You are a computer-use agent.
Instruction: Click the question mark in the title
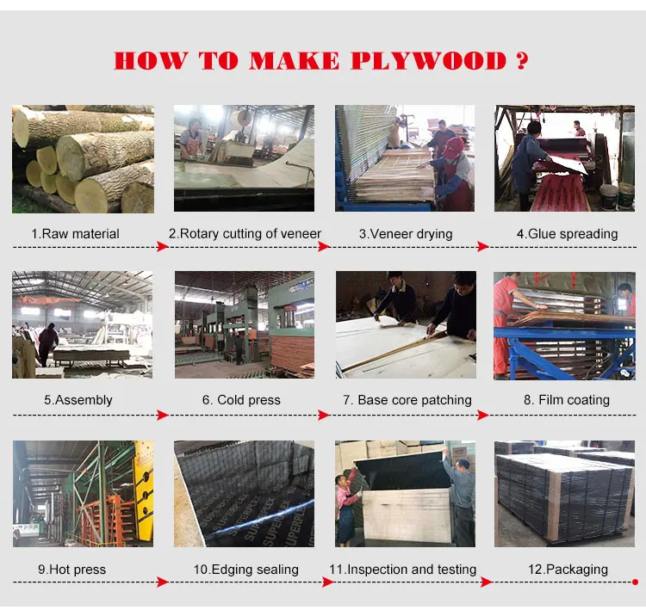click(x=520, y=61)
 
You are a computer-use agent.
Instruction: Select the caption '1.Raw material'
click(x=75, y=234)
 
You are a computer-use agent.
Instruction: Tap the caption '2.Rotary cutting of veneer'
click(x=245, y=234)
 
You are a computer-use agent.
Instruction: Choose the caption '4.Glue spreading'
click(x=567, y=234)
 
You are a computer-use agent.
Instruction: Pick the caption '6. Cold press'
click(x=242, y=400)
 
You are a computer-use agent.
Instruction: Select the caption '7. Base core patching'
click(x=407, y=400)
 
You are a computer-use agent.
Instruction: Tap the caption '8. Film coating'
click(x=566, y=400)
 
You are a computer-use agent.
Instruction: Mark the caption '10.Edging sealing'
click(x=245, y=570)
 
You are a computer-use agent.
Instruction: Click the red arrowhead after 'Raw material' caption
click(x=163, y=247)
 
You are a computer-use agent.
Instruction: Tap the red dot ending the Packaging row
click(x=635, y=583)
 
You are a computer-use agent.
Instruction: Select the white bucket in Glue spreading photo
click(x=609, y=197)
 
